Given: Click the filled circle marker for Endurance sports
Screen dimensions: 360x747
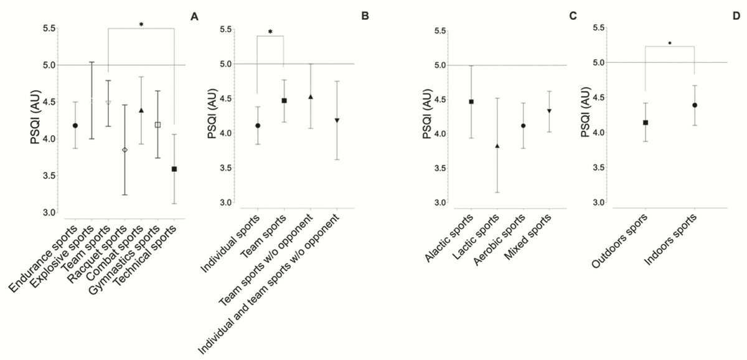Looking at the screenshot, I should tap(75, 125).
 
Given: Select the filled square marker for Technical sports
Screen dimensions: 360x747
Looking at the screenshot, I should tap(174, 169).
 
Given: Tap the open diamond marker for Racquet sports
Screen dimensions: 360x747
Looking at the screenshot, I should tap(125, 150).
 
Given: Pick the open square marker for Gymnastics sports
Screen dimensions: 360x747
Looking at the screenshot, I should tap(157, 125).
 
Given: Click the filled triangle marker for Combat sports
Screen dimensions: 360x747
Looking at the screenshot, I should tap(141, 110).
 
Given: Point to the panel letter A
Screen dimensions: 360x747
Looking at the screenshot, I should tap(195, 17).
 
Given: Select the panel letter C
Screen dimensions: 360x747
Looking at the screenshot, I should tap(572, 17).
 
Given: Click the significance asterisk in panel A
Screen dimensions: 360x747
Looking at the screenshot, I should tap(141, 25).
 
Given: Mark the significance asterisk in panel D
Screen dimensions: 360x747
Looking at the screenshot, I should tap(670, 44).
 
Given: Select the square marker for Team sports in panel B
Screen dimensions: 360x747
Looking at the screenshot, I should tap(284, 100).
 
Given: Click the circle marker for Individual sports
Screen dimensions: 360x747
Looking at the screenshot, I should tap(258, 125).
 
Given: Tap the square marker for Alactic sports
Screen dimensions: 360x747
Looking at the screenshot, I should tap(471, 102).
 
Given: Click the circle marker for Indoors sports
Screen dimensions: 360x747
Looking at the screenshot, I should tap(694, 105).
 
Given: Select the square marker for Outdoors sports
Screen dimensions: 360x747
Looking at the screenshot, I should tap(646, 123).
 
